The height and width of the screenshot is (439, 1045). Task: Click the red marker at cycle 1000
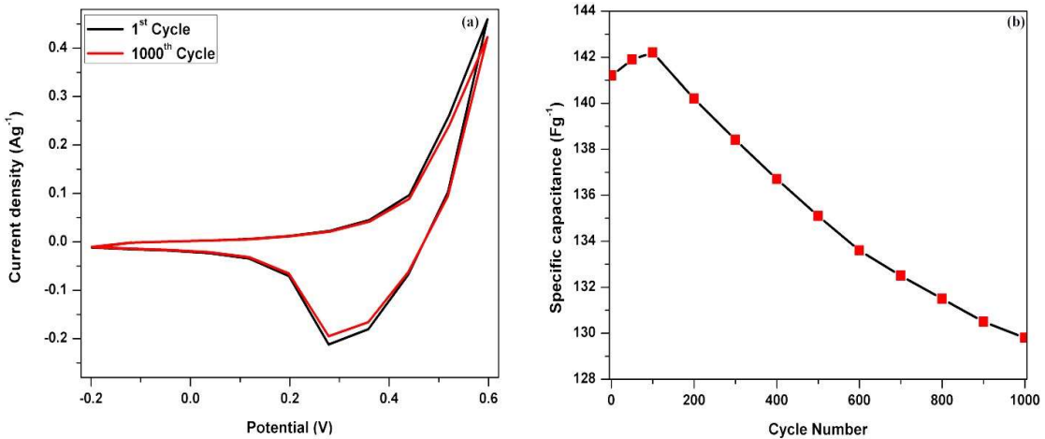pyautogui.click(x=1024, y=337)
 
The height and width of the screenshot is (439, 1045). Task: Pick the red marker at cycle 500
pyautogui.click(x=818, y=215)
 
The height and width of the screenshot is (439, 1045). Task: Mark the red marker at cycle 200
pyautogui.click(x=694, y=98)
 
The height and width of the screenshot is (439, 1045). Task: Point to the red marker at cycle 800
pyautogui.click(x=942, y=299)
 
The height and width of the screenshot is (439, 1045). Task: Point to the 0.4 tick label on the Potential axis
pyautogui.click(x=388, y=396)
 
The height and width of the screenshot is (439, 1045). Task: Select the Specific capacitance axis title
pyautogui.click(x=556, y=196)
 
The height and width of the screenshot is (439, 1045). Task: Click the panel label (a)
pyautogui.click(x=471, y=23)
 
